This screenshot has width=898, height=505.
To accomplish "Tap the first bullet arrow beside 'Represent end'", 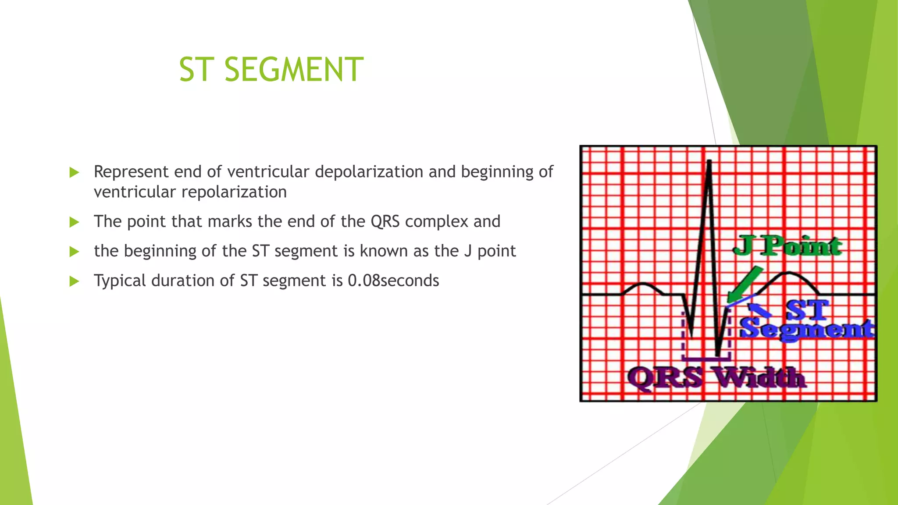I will click(74, 172).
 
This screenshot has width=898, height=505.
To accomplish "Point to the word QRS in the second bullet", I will click(385, 221).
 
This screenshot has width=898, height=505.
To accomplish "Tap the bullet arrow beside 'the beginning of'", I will click(74, 252).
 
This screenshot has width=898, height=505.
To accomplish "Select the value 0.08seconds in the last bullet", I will click(393, 281).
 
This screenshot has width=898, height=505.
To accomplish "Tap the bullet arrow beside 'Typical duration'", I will click(74, 281).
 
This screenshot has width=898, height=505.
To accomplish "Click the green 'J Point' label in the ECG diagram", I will click(787, 245).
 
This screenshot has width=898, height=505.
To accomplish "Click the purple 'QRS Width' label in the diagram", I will click(716, 378).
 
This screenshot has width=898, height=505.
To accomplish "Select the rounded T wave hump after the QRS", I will click(788, 276).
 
